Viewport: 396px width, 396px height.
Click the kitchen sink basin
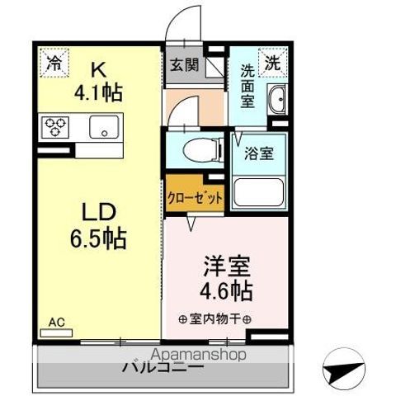[x=105, y=128]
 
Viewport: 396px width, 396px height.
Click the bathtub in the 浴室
[x=259, y=191]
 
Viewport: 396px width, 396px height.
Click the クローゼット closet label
[x=195, y=199]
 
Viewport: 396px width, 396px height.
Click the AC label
[x=56, y=322]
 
